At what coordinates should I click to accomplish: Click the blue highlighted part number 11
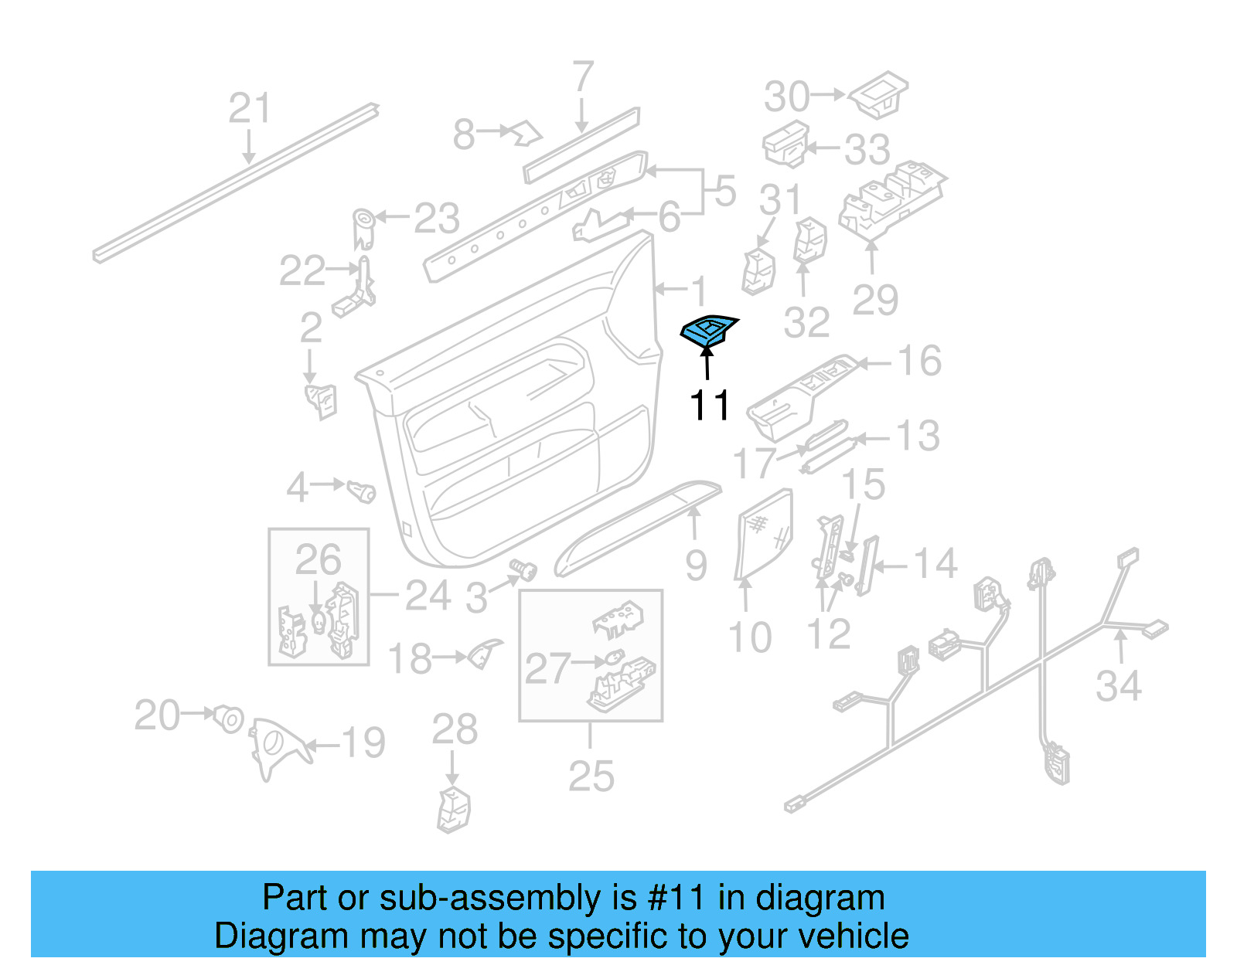pyautogui.click(x=708, y=331)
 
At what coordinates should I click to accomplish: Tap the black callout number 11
pyautogui.click(x=709, y=406)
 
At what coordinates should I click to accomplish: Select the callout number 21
pyautogui.click(x=250, y=109)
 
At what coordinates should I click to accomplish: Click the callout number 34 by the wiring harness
pyautogui.click(x=1118, y=686)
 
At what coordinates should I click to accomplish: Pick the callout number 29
pyautogui.click(x=874, y=300)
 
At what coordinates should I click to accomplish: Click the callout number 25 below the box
pyautogui.click(x=591, y=776)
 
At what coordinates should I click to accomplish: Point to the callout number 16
pyautogui.click(x=919, y=361)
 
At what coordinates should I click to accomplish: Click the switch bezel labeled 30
pyautogui.click(x=879, y=95)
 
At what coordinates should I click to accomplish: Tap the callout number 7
pyautogui.click(x=583, y=77)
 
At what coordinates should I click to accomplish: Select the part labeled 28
pyautogui.click(x=454, y=809)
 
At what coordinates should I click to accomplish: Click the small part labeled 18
pyautogui.click(x=484, y=654)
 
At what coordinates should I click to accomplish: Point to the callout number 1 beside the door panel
pyautogui.click(x=698, y=291)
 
